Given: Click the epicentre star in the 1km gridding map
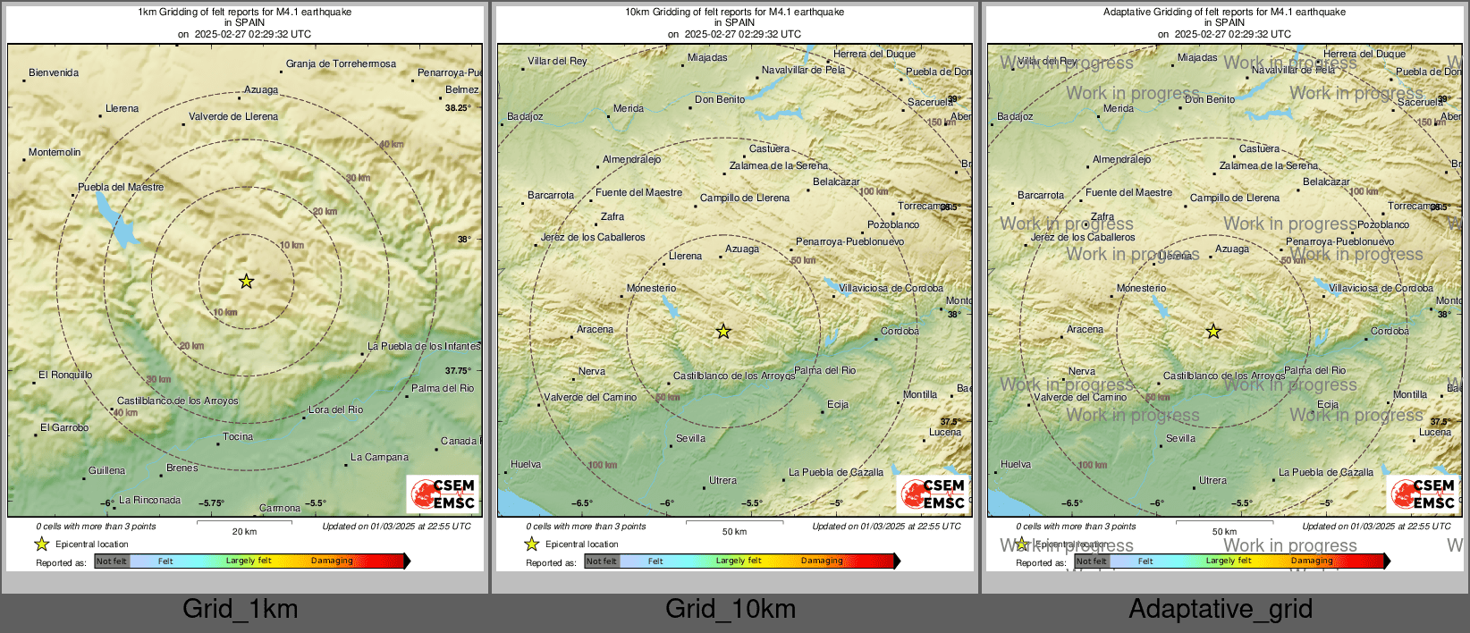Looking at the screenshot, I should [246, 282].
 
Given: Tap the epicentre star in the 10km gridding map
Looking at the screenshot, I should [723, 332].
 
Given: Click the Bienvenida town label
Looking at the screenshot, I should [54, 72].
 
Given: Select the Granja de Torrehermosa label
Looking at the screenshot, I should [341, 63].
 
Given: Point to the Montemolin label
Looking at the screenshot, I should [55, 152].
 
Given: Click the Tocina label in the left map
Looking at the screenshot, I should [238, 436].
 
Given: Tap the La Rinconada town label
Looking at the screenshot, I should [150, 500].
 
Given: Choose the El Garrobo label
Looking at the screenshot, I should [64, 427].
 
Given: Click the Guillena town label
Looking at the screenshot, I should [107, 470].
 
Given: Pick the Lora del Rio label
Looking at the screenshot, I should [336, 409].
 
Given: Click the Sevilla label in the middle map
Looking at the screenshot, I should [691, 438].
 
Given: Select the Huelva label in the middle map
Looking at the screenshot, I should [526, 464].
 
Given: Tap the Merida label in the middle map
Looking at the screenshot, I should [629, 108].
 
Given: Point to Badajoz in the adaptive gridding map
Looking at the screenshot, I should [1015, 116].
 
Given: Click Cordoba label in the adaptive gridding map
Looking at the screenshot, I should [1390, 331].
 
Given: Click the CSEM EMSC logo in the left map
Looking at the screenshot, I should [444, 494].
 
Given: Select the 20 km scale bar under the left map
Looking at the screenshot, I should [244, 523].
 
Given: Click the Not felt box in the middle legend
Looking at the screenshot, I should [602, 561].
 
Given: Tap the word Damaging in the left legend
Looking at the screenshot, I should [332, 561].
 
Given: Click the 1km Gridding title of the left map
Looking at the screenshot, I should [244, 13].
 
